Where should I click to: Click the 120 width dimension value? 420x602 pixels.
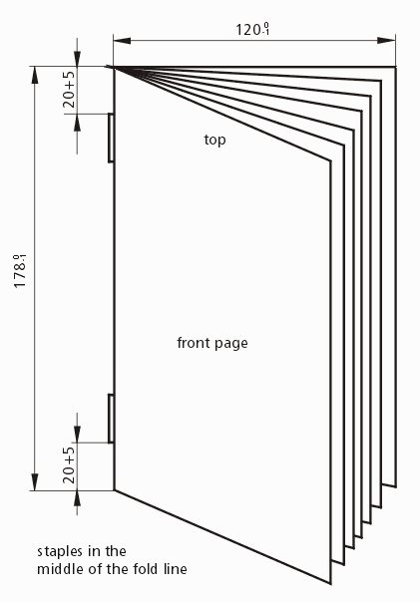click(252, 30)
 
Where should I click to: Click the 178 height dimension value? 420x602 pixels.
click(20, 271)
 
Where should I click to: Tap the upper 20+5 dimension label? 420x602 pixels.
click(69, 89)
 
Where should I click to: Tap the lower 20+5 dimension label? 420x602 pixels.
click(69, 464)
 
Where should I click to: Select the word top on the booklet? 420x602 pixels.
click(214, 140)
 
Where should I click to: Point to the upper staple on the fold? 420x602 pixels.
click(111, 138)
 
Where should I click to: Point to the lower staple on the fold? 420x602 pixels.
click(111, 418)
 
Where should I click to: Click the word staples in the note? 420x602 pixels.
click(60, 552)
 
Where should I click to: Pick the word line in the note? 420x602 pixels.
click(176, 568)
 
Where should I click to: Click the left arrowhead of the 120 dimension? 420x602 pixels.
click(122, 41)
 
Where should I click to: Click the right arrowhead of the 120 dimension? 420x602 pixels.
click(386, 41)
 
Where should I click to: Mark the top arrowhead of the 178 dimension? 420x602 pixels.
click(35, 75)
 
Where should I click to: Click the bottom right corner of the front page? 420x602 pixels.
click(330, 584)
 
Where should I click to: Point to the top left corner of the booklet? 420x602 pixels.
click(114, 67)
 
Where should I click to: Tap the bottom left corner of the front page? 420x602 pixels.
click(114, 490)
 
